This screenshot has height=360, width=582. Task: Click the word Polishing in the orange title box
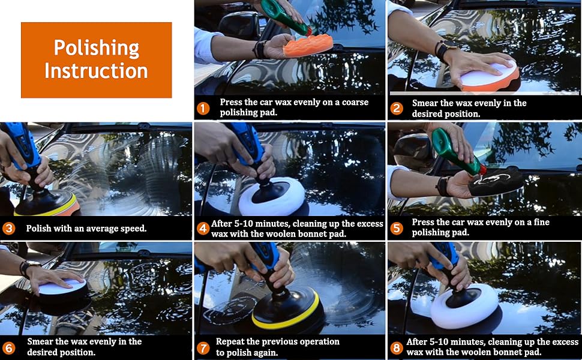(x=97, y=49)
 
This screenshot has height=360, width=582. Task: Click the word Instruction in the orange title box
(x=96, y=71)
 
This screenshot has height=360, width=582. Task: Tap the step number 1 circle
(x=203, y=109)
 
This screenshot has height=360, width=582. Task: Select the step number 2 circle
(x=397, y=109)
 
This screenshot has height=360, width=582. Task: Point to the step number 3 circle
(x=9, y=228)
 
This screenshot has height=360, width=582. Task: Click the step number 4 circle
(x=203, y=228)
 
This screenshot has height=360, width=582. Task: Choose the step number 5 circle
(x=397, y=228)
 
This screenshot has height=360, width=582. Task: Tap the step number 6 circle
(x=9, y=348)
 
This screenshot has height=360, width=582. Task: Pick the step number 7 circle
(x=203, y=348)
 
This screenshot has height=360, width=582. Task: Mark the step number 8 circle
(x=397, y=348)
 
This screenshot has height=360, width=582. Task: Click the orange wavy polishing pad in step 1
(x=307, y=45)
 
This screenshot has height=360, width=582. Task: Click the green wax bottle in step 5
(x=457, y=151)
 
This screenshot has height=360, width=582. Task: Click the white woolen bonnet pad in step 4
(x=272, y=196)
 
